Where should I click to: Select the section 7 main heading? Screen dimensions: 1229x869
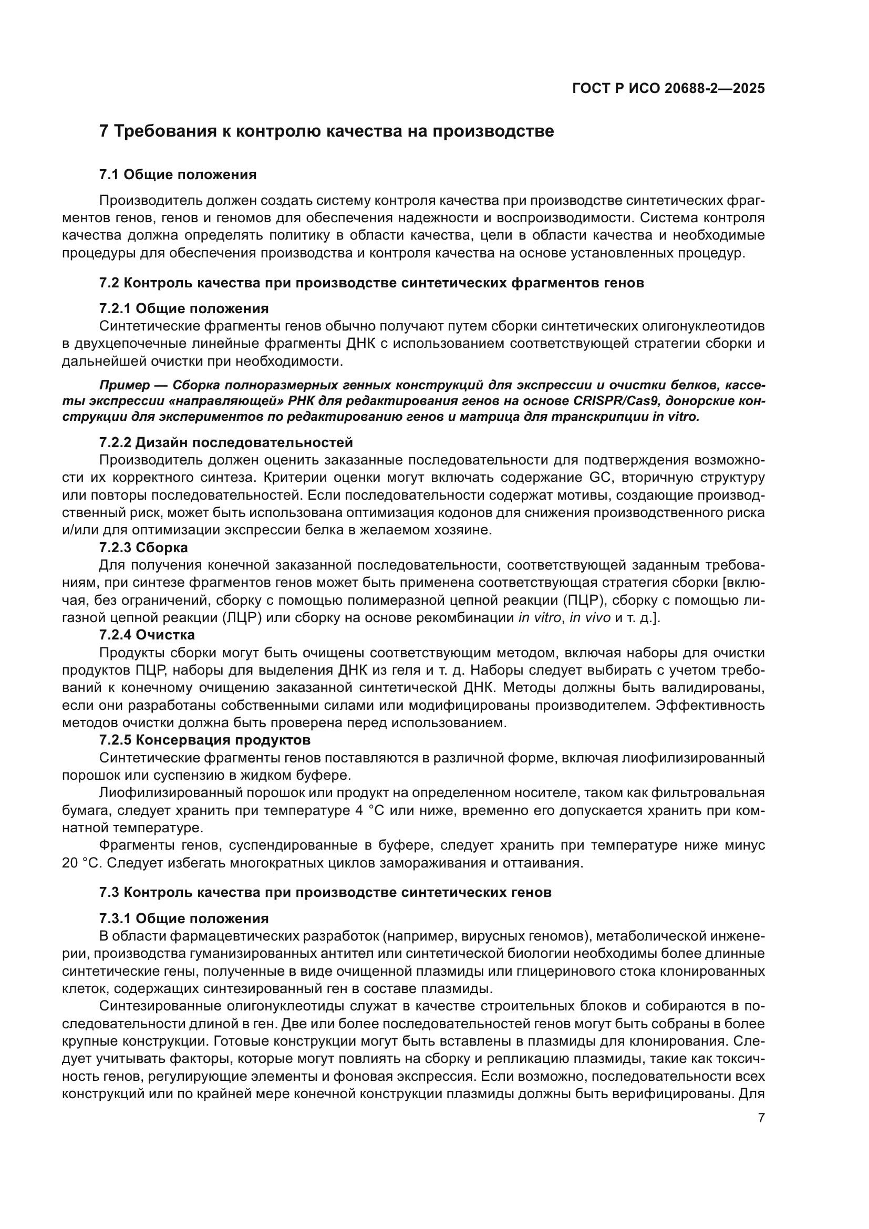coord(326,131)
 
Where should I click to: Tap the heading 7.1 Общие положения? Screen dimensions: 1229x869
coord(178,174)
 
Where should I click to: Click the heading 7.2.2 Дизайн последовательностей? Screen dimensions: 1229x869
coord(226,442)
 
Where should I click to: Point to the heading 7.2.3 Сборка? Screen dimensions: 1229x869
coord(143,548)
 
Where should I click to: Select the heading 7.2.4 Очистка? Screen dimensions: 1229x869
coord(147,635)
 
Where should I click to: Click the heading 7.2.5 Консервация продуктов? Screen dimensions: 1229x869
coord(204,740)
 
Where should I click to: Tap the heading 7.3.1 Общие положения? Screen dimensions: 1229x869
coord(183,918)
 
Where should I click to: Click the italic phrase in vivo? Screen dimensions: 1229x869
coord(589,618)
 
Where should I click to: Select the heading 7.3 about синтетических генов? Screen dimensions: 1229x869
coord(325,892)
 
